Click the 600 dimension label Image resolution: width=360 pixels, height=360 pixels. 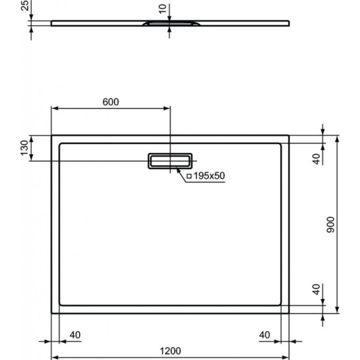[x=110, y=101]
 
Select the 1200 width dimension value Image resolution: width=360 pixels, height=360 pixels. [x=170, y=352]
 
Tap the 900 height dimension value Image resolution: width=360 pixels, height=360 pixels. [x=331, y=224]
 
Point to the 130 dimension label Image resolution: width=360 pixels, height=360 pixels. [x=25, y=148]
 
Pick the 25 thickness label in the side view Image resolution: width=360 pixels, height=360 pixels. [x=25, y=7]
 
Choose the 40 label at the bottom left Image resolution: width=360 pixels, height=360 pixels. [x=76, y=334]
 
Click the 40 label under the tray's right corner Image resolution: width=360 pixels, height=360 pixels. [x=265, y=334]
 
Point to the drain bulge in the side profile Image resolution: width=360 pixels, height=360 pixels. [x=170, y=24]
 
